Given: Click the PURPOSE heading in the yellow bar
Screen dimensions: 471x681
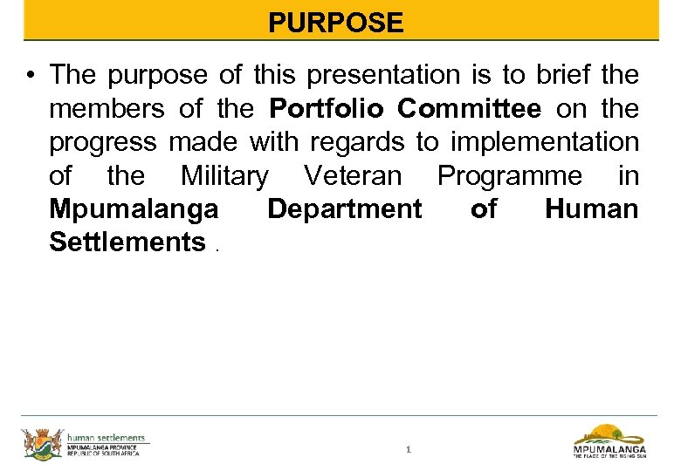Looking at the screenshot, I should tap(336, 22).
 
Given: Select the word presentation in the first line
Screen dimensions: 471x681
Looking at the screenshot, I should tap(378, 75).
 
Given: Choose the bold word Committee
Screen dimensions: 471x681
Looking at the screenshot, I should tap(470, 109).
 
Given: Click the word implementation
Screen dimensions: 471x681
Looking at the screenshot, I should tap(544, 142).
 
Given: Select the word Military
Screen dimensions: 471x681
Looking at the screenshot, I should tap(224, 176).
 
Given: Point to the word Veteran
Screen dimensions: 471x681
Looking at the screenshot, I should tap(353, 176).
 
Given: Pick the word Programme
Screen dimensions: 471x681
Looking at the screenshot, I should tap(509, 176).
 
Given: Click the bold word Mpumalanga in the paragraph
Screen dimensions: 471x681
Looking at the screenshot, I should tap(134, 209).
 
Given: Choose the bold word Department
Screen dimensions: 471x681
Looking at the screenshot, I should tap(344, 209).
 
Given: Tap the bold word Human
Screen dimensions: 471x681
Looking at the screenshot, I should tap(592, 209).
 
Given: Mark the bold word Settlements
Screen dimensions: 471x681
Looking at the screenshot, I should tap(127, 242).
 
